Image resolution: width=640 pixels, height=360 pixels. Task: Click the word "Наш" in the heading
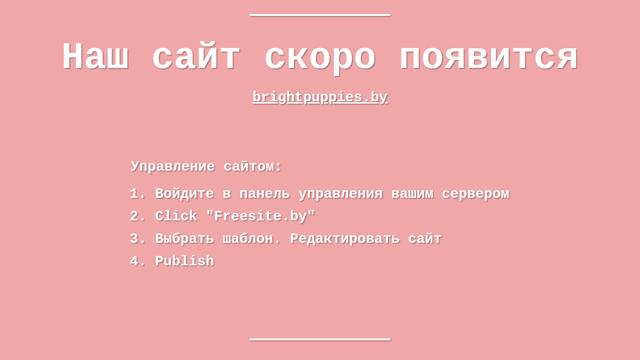[96, 56]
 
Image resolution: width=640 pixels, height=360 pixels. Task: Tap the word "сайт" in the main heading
[196, 55]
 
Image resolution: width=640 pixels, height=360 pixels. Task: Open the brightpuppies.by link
[320, 97]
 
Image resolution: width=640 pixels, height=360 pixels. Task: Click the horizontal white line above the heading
[320, 15]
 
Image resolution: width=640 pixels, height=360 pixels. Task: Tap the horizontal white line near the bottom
[320, 339]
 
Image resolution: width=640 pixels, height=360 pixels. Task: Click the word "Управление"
[172, 166]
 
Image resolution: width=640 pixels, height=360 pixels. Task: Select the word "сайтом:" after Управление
[253, 166]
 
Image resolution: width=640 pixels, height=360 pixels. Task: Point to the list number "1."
[138, 194]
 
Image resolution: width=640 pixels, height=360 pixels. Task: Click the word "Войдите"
[185, 194]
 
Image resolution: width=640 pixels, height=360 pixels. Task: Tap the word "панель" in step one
[265, 194]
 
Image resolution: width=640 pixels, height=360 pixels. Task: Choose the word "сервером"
[476, 194]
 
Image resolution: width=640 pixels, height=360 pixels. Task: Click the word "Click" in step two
[176, 216]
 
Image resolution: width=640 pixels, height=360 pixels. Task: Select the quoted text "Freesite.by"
[260, 216]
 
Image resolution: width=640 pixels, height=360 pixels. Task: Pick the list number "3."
[138, 239]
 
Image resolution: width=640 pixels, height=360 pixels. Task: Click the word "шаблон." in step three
[252, 239]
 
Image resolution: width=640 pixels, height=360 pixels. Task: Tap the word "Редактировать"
[344, 239]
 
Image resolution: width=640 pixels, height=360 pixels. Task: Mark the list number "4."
[138, 261]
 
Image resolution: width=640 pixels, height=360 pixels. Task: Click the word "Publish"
[185, 261]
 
